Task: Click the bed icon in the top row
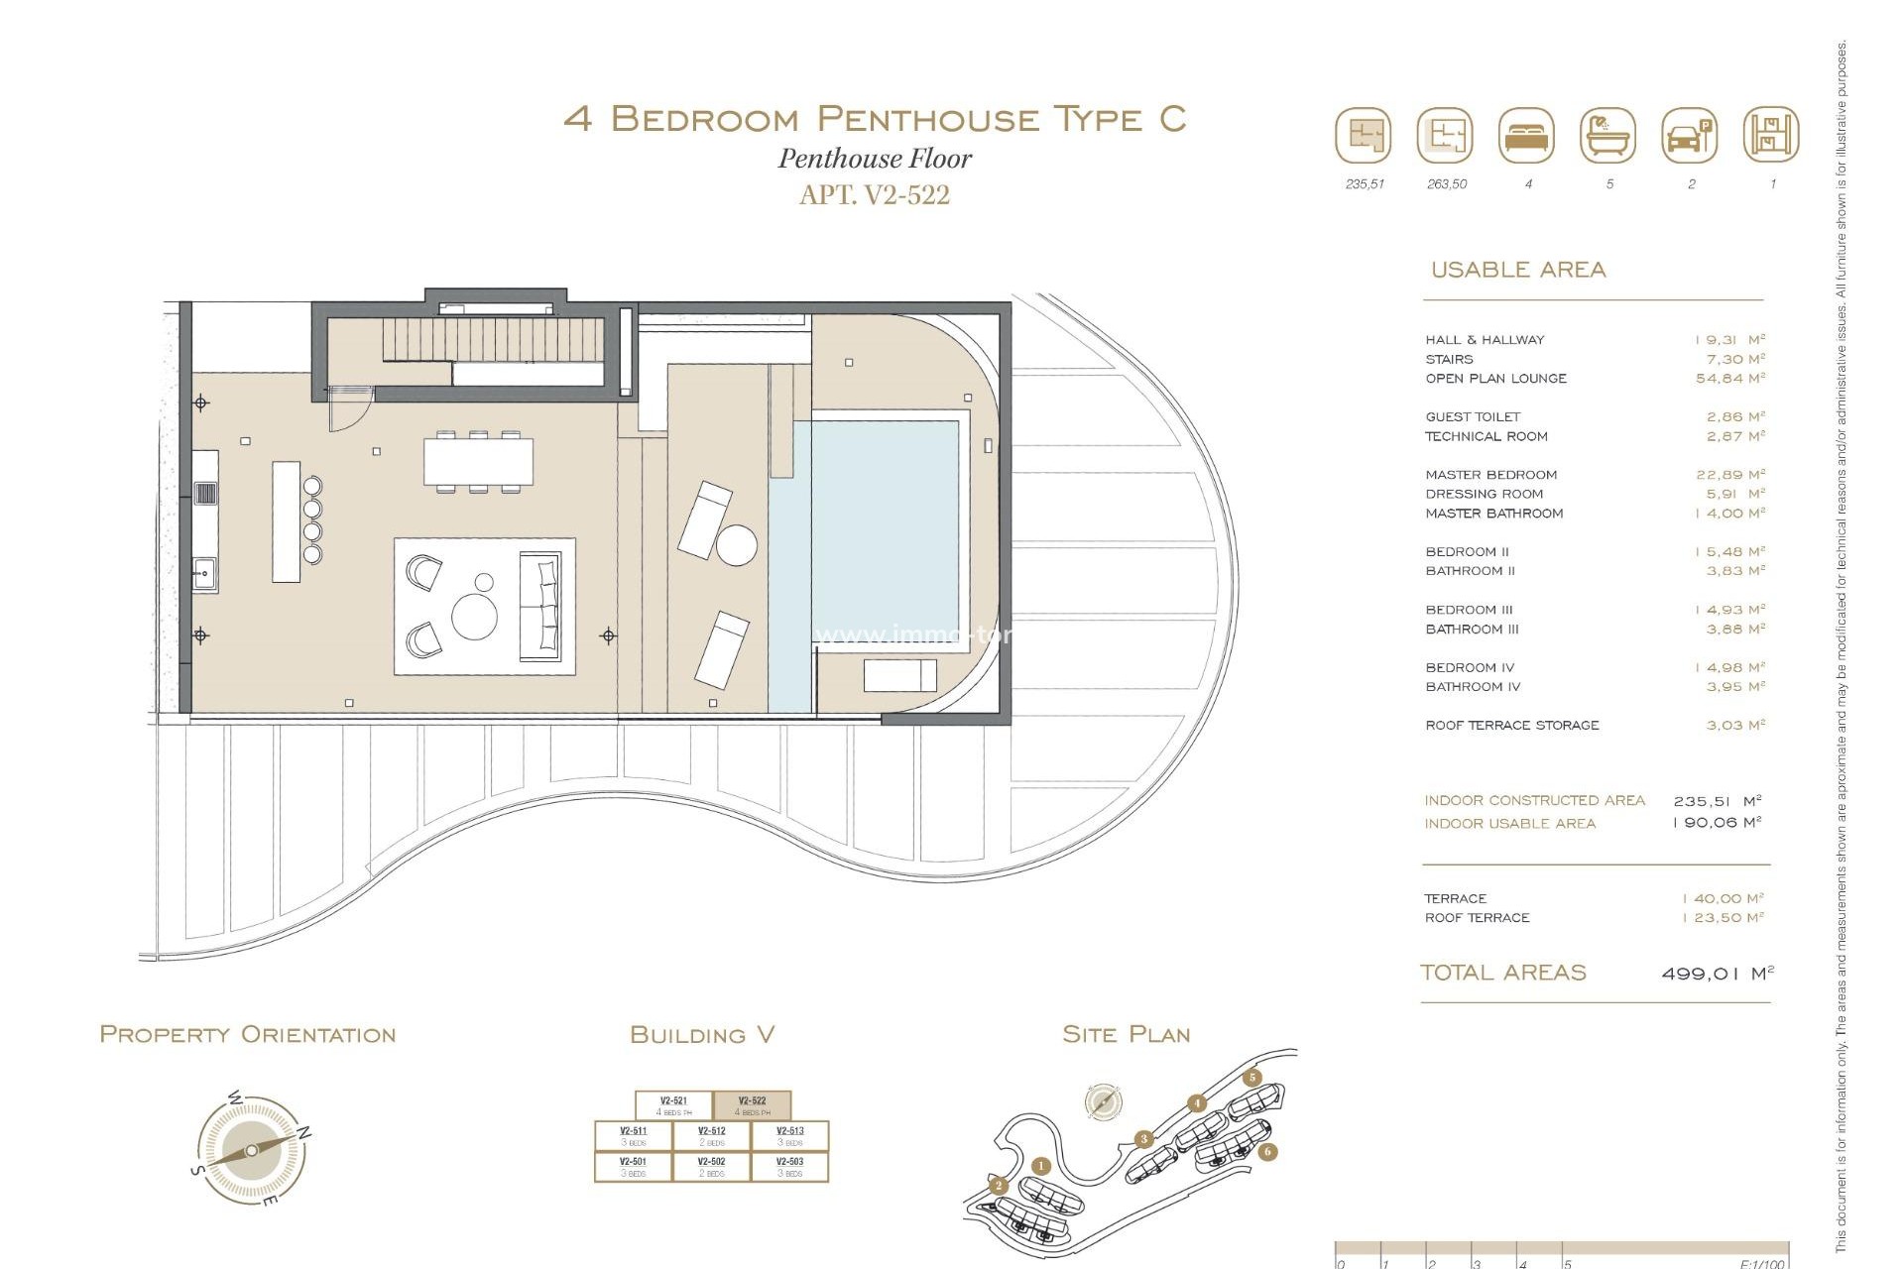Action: pyautogui.click(x=1526, y=136)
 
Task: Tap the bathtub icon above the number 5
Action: pyautogui.click(x=1607, y=136)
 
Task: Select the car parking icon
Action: pyautogui.click(x=1689, y=136)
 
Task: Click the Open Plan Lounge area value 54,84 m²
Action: pyautogui.click(x=1729, y=378)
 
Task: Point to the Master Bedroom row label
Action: pyautogui.click(x=1490, y=475)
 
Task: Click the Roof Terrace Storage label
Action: pyautogui.click(x=1511, y=726)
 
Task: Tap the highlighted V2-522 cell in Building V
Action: pyautogui.click(x=752, y=1105)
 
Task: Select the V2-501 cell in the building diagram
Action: pyautogui.click(x=633, y=1166)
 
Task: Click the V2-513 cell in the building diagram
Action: pyautogui.click(x=789, y=1135)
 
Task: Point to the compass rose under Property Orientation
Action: pyautogui.click(x=252, y=1150)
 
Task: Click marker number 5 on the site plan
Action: pyautogui.click(x=1252, y=1078)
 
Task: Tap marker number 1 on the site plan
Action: pyautogui.click(x=1040, y=1166)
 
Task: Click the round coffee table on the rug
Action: pyautogui.click(x=474, y=617)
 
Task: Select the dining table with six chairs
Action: pyautogui.click(x=478, y=462)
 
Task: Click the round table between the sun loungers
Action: pyautogui.click(x=736, y=545)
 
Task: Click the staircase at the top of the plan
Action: pyautogui.click(x=492, y=340)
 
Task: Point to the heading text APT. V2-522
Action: pyautogui.click(x=874, y=195)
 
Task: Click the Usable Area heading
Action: pyautogui.click(x=1517, y=270)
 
